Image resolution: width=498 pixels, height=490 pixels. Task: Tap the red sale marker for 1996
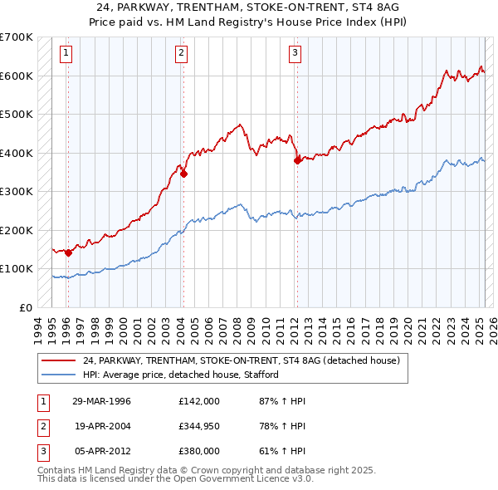(68, 252)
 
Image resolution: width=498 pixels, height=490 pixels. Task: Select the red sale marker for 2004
(183, 174)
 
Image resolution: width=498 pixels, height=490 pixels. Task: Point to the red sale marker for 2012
(297, 161)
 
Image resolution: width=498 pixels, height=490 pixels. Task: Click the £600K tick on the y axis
(18, 76)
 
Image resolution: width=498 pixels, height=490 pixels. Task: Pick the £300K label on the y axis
(18, 191)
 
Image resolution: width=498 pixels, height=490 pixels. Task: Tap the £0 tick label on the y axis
(26, 307)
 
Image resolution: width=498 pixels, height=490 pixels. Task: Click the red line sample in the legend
(58, 360)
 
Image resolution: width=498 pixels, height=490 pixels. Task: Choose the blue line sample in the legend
(58, 375)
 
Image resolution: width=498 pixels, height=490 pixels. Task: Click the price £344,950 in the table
(199, 426)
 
